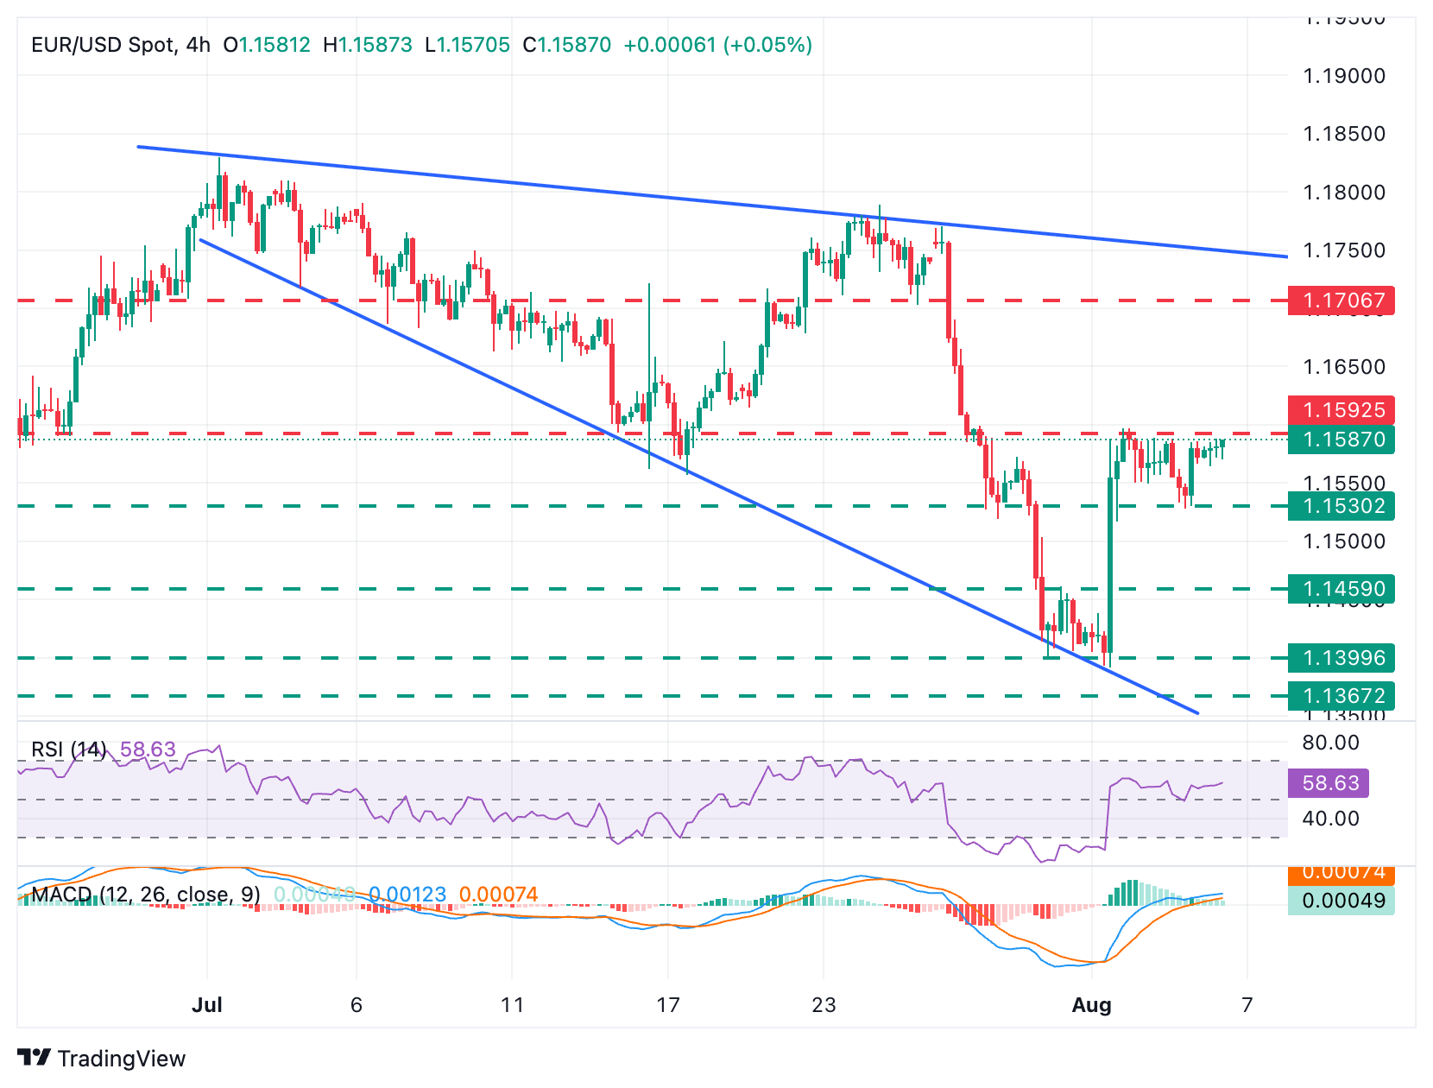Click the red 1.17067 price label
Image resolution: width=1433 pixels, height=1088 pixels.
[1341, 300]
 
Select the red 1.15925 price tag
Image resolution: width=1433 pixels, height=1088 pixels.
[1341, 410]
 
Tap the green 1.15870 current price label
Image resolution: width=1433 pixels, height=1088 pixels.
[1341, 440]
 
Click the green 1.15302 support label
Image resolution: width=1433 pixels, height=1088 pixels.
[1341, 506]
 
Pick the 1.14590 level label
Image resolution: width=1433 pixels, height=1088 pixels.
[1341, 589]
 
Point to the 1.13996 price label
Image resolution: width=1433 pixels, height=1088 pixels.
[1341, 658]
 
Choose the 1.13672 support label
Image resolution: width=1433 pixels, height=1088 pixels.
[1341, 696]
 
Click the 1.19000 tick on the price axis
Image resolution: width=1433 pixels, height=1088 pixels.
[1343, 76]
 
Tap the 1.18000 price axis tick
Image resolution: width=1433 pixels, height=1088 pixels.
[1343, 193]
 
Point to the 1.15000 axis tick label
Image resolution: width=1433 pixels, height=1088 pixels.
[1343, 541]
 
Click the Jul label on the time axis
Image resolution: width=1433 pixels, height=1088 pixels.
[207, 1005]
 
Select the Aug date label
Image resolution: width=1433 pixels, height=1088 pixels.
[1091, 1005]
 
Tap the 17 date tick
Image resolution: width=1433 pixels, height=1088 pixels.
[668, 1005]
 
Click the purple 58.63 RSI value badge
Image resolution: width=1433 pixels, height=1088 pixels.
[1329, 783]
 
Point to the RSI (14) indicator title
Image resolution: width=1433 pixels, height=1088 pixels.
[69, 749]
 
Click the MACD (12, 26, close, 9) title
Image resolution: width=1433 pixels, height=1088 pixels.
[146, 895]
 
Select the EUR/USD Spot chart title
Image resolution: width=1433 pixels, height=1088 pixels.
[120, 45]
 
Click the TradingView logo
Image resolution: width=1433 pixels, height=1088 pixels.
[102, 1059]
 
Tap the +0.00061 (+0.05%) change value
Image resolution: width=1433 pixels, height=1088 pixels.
[717, 45]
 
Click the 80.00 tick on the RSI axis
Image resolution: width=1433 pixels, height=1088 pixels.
[1330, 743]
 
